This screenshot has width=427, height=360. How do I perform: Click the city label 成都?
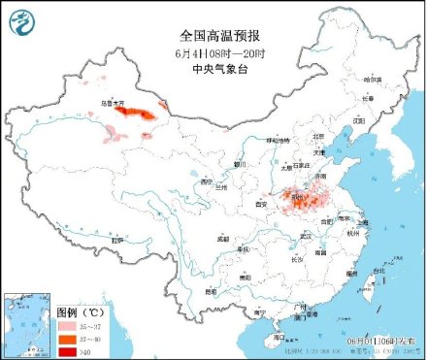[224, 237]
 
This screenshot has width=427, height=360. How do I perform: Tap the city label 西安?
[259, 205]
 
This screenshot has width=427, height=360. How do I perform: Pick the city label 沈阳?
[358, 120]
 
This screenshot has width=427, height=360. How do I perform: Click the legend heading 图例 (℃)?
[79, 312]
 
